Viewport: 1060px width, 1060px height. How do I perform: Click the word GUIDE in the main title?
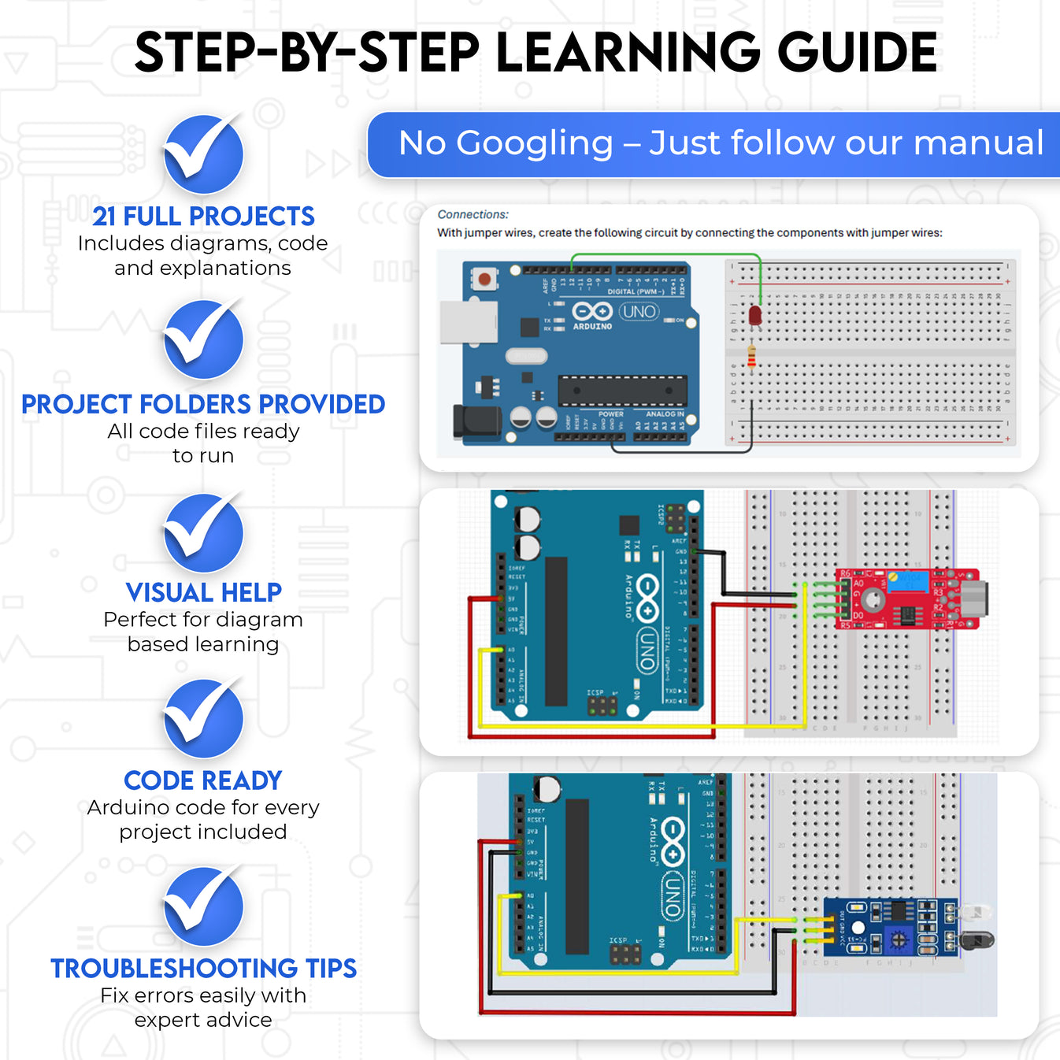pyautogui.click(x=857, y=53)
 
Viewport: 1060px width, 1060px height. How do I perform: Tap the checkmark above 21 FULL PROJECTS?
pyautogui.click(x=203, y=154)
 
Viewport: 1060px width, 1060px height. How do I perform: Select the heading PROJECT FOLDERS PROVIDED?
pyautogui.click(x=203, y=404)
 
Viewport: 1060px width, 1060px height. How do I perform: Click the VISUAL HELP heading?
pyautogui.click(x=203, y=592)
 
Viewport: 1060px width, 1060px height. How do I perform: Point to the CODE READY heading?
pyautogui.click(x=203, y=780)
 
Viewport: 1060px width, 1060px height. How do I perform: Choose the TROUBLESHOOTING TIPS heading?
pyautogui.click(x=203, y=969)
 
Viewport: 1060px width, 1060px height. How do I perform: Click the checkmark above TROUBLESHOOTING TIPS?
pyautogui.click(x=203, y=906)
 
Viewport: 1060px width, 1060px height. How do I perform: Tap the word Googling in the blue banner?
pyautogui.click(x=534, y=143)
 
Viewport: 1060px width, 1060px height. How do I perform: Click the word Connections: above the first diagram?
pyautogui.click(x=473, y=214)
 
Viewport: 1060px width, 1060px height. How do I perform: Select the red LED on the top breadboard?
pyautogui.click(x=754, y=317)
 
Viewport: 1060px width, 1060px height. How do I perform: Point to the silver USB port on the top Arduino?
pyautogui.click(x=469, y=322)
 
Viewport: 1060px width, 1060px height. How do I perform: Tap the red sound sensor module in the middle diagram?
pyautogui.click(x=906, y=599)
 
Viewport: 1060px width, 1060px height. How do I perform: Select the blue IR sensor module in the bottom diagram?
pyautogui.click(x=890, y=927)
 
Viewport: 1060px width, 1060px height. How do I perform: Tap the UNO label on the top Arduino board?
pyautogui.click(x=639, y=312)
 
